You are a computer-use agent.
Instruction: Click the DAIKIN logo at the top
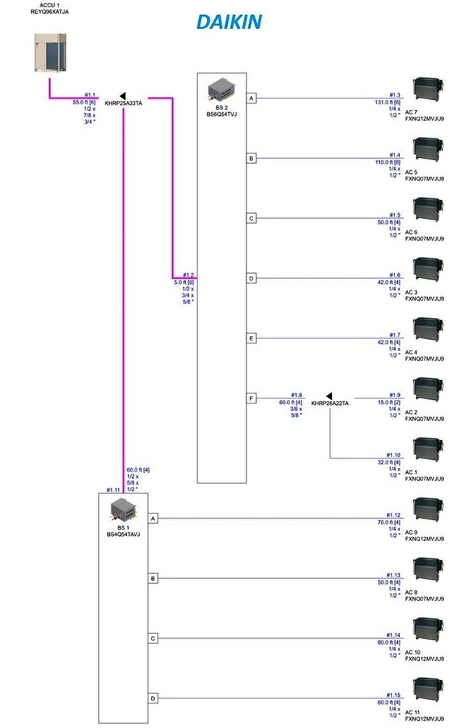click(229, 22)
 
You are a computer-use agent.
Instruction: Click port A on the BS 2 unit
click(251, 98)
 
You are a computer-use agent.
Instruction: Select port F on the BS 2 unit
click(251, 398)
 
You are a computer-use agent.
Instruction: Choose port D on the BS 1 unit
click(153, 698)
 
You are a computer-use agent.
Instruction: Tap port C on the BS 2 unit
click(251, 218)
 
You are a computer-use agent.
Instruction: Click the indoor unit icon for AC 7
click(427, 89)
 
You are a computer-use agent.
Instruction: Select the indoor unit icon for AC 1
click(427, 450)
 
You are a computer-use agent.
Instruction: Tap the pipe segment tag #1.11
click(113, 490)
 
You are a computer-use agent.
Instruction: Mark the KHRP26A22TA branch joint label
click(330, 403)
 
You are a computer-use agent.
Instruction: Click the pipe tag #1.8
click(296, 395)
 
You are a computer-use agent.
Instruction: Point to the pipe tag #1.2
click(188, 275)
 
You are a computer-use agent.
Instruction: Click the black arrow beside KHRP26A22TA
click(329, 396)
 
